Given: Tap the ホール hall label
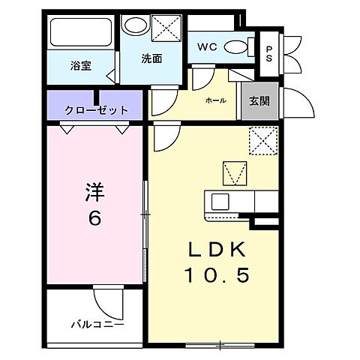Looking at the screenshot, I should tap(215, 100).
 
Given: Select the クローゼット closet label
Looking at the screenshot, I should tap(96, 109).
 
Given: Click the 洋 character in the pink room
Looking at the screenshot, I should tap(94, 190).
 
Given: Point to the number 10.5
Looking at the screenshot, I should tap(217, 276).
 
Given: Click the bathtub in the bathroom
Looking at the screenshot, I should tap(80, 32).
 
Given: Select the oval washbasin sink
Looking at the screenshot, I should tap(136, 25).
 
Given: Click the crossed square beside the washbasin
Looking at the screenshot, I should tap(165, 28).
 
